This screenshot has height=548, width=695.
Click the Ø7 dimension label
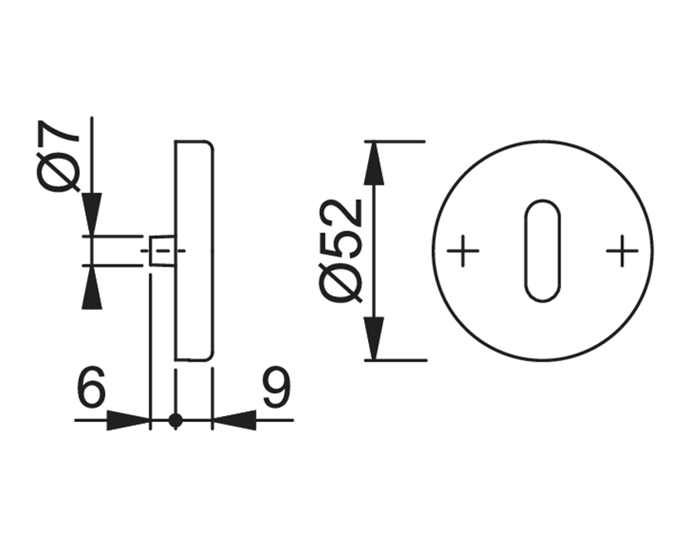pos(58,156)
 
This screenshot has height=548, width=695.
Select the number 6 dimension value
pos(92,386)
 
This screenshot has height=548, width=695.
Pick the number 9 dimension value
pos(278,386)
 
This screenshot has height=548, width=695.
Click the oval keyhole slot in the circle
pos(543,251)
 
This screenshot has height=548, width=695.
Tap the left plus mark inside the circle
pos(463,250)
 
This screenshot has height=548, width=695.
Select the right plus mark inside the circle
pos(622,250)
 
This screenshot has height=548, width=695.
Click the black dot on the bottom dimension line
pos(175,420)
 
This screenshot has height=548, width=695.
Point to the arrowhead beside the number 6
pos(128,420)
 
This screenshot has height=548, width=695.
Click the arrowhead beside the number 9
pos(234,420)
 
